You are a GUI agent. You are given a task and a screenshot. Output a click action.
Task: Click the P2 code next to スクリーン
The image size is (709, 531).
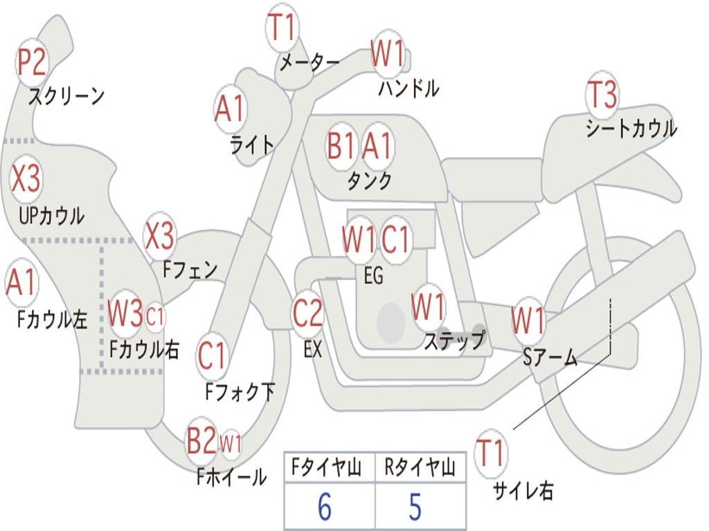tap(32, 63)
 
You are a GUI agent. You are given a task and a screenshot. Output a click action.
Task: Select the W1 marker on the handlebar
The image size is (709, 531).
tap(387, 53)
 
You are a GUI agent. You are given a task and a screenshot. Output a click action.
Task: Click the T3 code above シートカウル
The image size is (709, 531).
tap(602, 95)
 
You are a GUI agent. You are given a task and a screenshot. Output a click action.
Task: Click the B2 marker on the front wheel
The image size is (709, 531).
tap(201, 441)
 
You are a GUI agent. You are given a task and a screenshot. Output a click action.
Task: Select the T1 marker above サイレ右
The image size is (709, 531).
tap(491, 453)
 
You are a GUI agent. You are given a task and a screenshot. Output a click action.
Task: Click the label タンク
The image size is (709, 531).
tap(369, 180)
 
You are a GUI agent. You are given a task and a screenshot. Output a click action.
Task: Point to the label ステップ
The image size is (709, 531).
tap(454, 341)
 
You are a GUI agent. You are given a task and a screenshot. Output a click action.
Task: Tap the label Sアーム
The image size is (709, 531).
tap(550, 357)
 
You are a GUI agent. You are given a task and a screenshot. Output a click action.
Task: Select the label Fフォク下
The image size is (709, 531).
tap(240, 392)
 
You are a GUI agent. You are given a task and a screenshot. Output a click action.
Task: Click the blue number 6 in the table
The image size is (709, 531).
tap(324, 507)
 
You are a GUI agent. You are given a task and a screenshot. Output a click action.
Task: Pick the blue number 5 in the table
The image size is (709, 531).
tap(415, 507)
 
